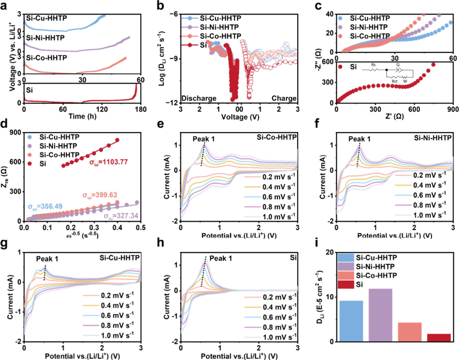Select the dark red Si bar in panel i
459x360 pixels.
point(439,338)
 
